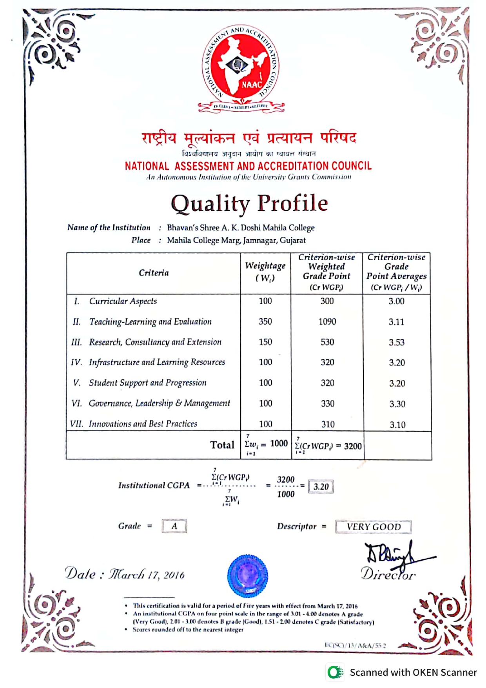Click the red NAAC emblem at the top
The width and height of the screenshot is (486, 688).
[x=240, y=67]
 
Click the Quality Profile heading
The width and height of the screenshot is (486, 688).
[x=249, y=203]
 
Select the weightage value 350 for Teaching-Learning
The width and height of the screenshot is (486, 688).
[x=265, y=321]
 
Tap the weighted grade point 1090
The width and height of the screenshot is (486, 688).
[x=327, y=322]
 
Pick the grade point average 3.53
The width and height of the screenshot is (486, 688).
[x=397, y=342]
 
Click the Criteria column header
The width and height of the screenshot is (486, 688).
[x=154, y=273]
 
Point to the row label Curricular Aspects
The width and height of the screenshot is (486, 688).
[x=123, y=301]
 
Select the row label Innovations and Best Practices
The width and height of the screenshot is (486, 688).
[x=143, y=424]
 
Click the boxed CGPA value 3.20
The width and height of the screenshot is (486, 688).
[x=321, y=487]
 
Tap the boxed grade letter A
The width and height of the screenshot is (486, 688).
[x=174, y=526]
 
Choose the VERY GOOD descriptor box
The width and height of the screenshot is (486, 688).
[x=374, y=527]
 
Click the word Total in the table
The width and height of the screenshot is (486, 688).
[x=222, y=445]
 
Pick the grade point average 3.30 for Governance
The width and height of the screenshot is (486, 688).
[x=397, y=404]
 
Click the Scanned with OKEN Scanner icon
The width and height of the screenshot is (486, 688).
[x=335, y=672]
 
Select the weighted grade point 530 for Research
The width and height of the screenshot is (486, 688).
[x=327, y=342]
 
